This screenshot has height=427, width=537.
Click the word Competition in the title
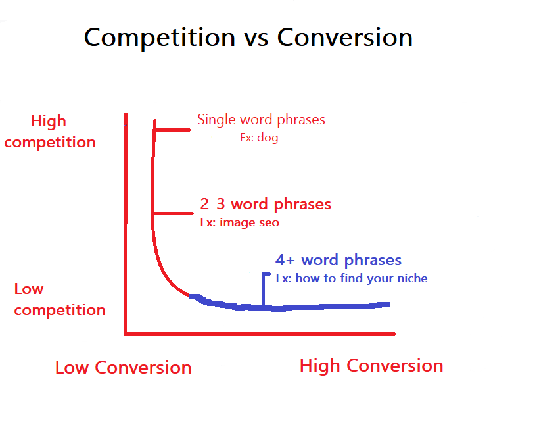[x=160, y=38]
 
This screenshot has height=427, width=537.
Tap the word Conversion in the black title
[x=345, y=37]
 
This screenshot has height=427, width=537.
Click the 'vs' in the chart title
[x=256, y=39]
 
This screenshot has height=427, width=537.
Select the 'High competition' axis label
[x=50, y=132]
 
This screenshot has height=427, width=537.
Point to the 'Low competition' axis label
[x=60, y=300]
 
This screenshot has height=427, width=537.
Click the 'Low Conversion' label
[x=124, y=368]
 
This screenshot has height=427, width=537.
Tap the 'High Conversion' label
[x=371, y=366]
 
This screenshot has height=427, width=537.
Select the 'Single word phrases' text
[x=261, y=120]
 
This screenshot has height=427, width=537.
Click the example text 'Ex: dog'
[x=259, y=138]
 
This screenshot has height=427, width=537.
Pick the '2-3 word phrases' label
[x=266, y=205]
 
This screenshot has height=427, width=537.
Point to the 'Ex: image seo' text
[x=240, y=223]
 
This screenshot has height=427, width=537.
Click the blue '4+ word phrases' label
[x=339, y=261]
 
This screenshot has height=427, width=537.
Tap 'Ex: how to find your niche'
[x=352, y=278]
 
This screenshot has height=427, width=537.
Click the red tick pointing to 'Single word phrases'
[x=172, y=130]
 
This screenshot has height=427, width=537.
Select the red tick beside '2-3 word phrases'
[x=173, y=213]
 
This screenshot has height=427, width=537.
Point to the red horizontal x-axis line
[x=260, y=334]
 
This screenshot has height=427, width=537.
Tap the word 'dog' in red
[x=268, y=138]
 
